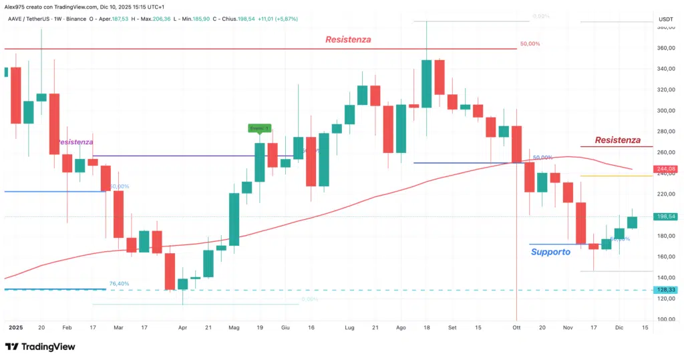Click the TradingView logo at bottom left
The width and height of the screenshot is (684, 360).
(x=40, y=347)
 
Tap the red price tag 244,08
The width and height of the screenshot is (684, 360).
(x=665, y=169)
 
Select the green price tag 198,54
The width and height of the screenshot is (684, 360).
(x=665, y=216)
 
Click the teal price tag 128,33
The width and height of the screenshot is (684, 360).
(x=665, y=290)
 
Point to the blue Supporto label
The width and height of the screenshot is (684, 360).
(x=550, y=252)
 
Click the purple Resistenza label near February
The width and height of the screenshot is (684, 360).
(x=75, y=142)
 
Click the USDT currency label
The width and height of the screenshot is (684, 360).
(x=665, y=20)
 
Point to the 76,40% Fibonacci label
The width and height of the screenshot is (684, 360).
(x=119, y=284)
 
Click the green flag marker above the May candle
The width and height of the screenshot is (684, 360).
(x=259, y=128)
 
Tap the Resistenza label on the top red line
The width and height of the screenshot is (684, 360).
(x=348, y=40)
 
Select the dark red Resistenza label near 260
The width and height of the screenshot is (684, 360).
(x=617, y=140)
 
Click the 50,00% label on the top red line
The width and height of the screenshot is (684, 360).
(x=529, y=44)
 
